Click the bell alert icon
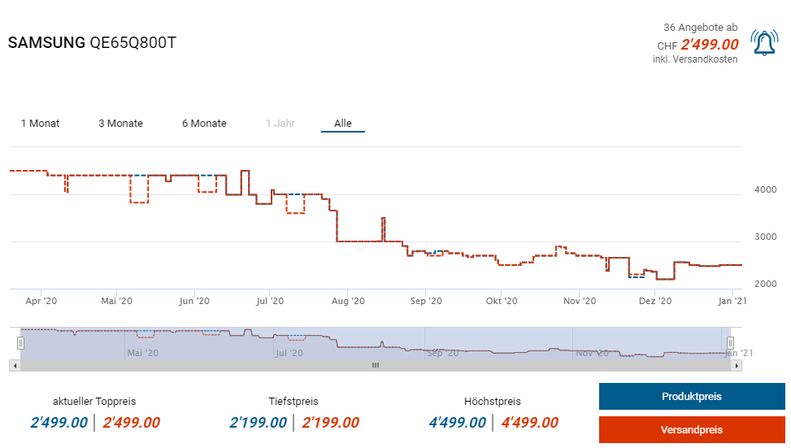point(763,43)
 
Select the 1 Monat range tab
point(40,124)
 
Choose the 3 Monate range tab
point(120,124)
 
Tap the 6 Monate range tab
point(204,124)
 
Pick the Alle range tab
point(343,124)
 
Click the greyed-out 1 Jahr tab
point(280,124)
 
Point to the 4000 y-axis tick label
point(765,189)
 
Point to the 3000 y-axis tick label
point(765,237)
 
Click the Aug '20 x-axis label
point(347,301)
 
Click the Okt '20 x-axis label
point(502,301)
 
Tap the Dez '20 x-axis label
point(655,301)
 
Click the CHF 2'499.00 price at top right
point(709,45)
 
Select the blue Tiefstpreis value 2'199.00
point(258,423)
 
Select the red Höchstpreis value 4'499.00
point(529,423)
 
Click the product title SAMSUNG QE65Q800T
point(92,43)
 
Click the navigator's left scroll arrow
point(14,366)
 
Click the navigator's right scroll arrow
point(737,366)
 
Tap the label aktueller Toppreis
point(94,402)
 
